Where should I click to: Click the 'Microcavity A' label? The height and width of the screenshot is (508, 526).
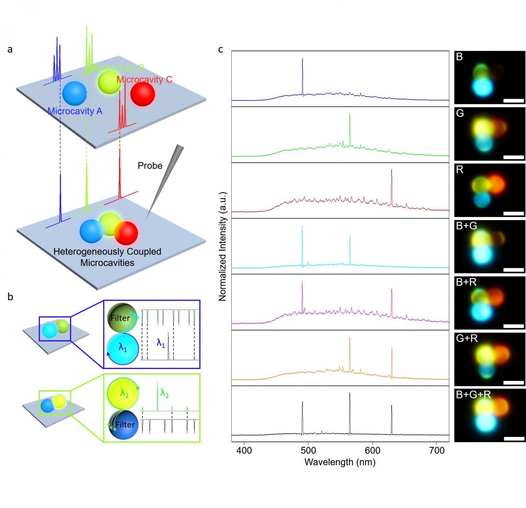pos(75,111)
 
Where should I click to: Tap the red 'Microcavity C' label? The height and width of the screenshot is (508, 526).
pos(144,79)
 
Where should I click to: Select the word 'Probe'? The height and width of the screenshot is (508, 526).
pos(150,166)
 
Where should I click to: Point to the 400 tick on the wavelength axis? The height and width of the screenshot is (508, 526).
pos(244,450)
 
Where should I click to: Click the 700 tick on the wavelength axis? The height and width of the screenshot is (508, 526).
pos(437,450)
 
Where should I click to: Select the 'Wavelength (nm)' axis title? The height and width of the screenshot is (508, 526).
pos(340,462)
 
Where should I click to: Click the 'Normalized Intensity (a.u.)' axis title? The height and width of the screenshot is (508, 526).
pos(223,246)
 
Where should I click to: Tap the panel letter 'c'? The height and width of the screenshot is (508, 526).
pos(220,49)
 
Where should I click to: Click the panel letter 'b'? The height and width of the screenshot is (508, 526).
pos(10,297)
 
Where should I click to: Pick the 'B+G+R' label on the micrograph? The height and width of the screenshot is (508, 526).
pos(473,395)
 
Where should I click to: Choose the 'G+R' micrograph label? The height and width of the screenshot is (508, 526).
pos(466,338)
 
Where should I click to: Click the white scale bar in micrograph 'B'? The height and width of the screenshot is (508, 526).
pos(514,101)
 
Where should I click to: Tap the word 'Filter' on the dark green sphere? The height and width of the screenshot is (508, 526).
pos(120,318)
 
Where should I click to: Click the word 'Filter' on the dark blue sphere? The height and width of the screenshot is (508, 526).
pos(125,425)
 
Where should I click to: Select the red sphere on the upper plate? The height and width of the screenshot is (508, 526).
pos(142,94)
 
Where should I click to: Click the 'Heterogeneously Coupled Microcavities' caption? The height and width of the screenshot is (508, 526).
pos(107,257)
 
